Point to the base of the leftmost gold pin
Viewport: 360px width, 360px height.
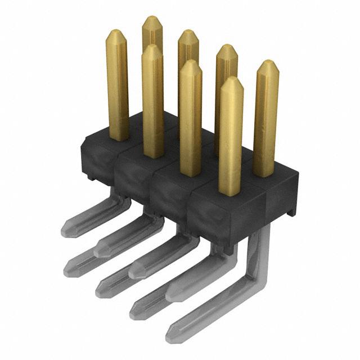point(118,137)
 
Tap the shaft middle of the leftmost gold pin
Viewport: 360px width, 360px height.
point(118,84)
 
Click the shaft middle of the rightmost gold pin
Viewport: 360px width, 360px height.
point(266,118)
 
